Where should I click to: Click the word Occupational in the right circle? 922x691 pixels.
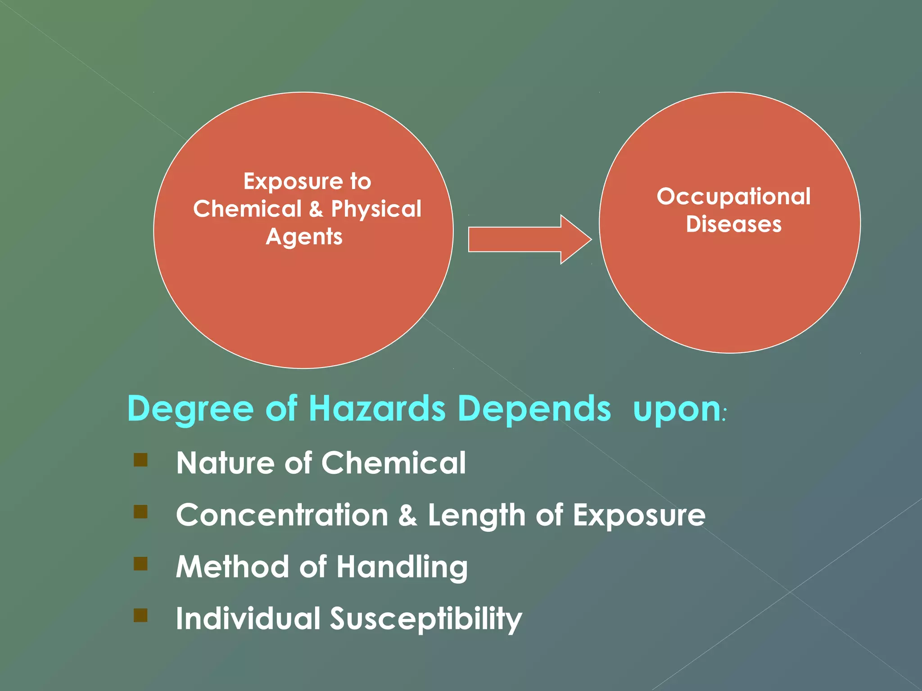[733, 197]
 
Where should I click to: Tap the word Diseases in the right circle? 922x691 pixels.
[733, 224]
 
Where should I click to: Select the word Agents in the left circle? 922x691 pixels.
[304, 237]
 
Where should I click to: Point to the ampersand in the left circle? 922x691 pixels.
[316, 209]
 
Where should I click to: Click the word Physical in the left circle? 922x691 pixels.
[376, 209]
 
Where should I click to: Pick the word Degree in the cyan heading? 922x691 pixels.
[190, 408]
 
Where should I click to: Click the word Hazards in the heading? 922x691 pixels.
[377, 408]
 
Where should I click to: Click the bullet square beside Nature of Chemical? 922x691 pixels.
[140, 460]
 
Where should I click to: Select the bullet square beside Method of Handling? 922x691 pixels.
[140, 564]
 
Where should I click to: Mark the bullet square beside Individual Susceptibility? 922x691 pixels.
[140, 615]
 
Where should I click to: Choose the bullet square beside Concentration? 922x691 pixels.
[140, 512]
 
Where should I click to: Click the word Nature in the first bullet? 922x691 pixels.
[225, 463]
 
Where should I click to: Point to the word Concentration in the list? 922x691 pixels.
[282, 515]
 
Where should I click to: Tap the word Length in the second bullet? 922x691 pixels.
[476, 516]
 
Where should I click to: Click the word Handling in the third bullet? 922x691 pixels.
[402, 567]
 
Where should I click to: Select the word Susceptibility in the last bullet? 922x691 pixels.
[426, 619]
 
